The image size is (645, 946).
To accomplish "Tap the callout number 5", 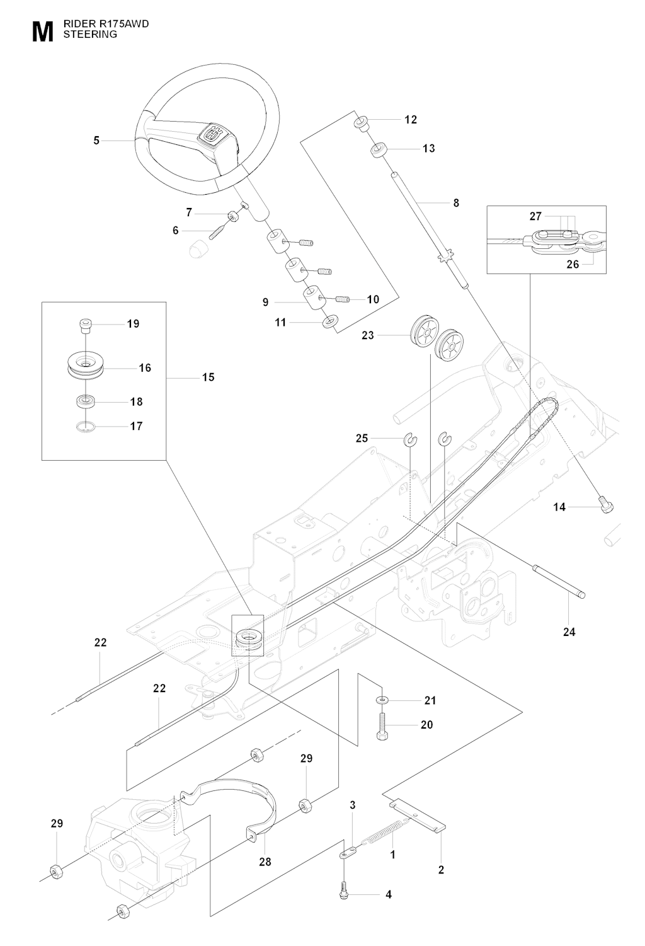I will click(96, 141).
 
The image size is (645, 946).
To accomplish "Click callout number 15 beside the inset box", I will click(208, 378).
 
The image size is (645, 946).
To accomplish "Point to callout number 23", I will click(368, 335).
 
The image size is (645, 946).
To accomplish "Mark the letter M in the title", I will click(42, 33).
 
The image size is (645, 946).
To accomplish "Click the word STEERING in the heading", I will click(90, 35).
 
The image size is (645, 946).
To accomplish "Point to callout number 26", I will click(573, 265).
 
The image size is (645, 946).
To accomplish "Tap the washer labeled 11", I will click(329, 323).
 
